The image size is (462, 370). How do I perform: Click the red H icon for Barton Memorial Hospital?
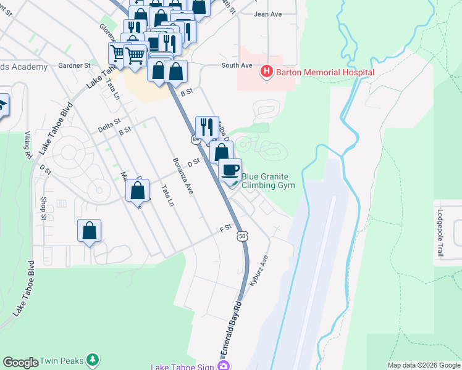[267, 72]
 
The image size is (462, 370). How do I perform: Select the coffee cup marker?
[230, 170]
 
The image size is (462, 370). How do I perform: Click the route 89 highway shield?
[195, 140]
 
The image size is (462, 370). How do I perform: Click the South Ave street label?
[237, 65]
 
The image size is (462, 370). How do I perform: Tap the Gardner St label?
[74, 65]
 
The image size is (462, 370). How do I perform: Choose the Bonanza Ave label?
[183, 176]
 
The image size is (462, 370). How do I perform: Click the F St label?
[225, 228]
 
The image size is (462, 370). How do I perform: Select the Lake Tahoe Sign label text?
[182, 366]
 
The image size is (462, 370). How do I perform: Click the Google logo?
[20, 362]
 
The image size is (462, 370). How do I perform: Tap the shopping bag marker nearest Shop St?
[90, 231]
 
